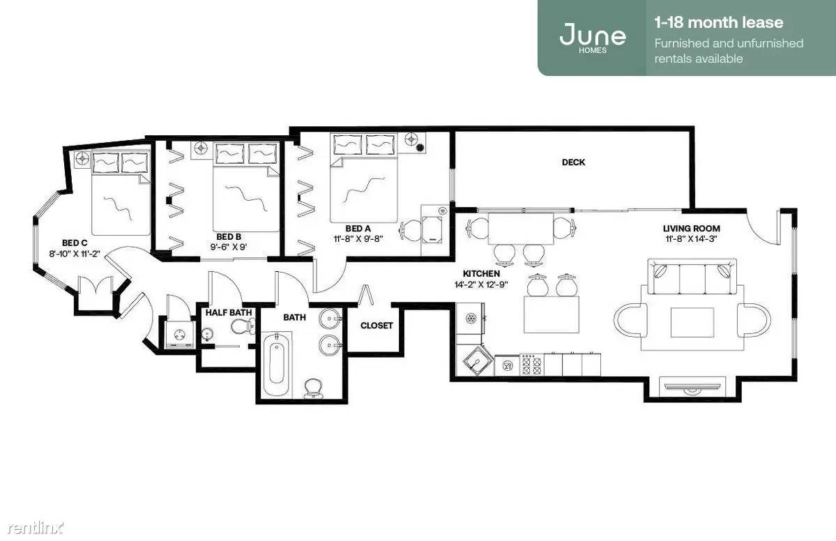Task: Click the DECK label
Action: [573, 162]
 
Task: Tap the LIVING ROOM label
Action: [691, 228]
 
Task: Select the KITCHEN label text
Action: [481, 273]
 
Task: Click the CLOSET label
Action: [377, 325]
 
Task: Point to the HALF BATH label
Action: [229, 312]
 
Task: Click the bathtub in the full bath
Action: [276, 363]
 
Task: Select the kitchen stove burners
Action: [531, 365]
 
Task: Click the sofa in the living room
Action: [692, 276]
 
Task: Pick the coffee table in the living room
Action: [692, 322]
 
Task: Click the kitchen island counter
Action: [552, 314]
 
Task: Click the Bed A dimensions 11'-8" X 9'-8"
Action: [358, 239]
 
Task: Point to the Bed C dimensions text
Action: [75, 254]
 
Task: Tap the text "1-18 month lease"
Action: [719, 22]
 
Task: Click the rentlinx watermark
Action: [35, 528]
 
